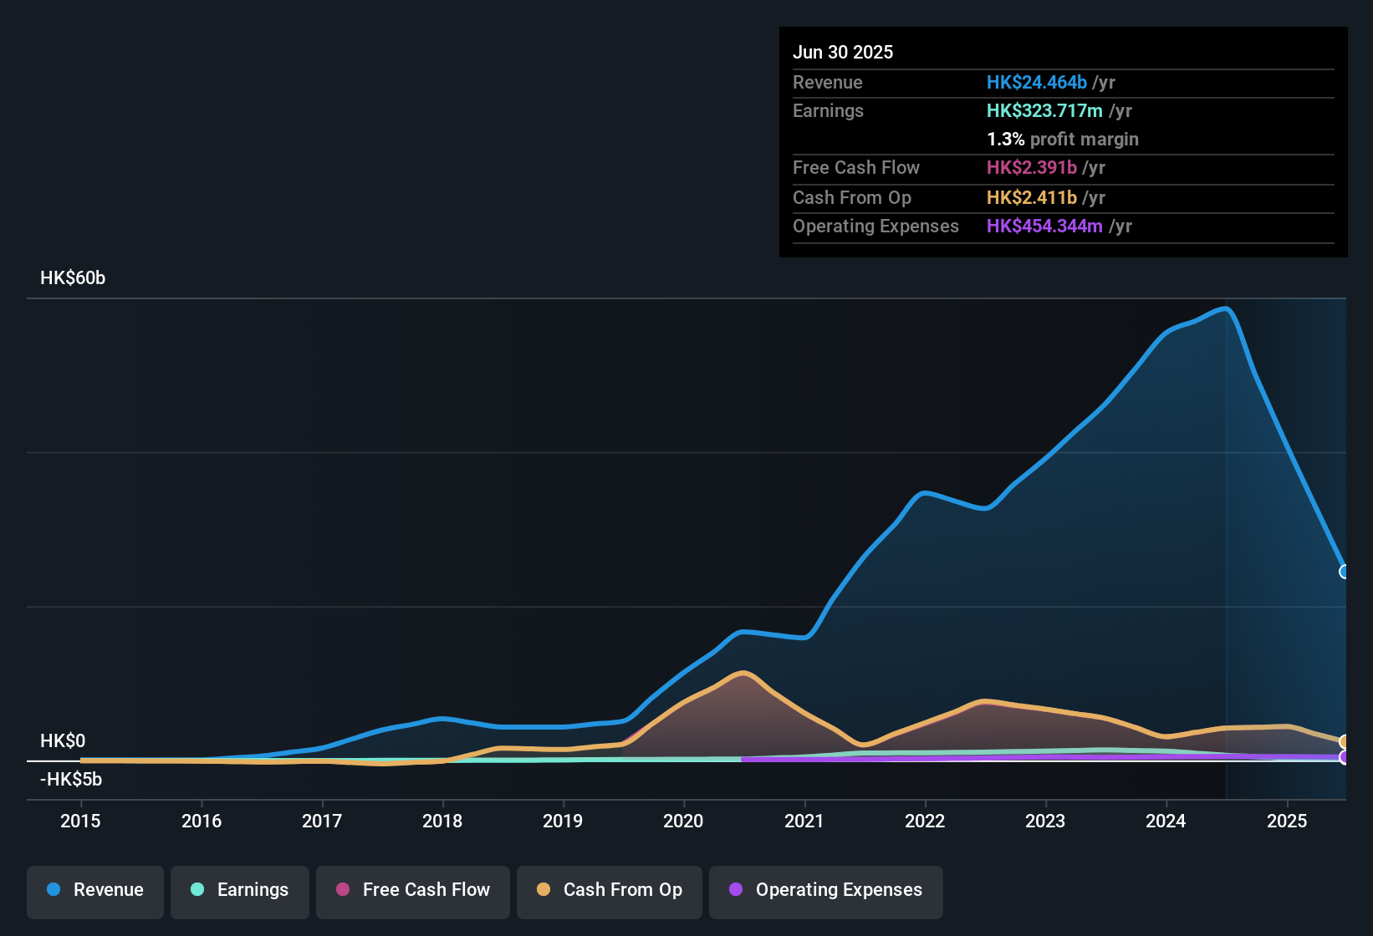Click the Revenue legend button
(95, 891)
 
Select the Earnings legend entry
(240, 891)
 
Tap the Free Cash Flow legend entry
(413, 891)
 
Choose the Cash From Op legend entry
(610, 891)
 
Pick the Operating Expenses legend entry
(826, 891)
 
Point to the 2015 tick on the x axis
(80, 821)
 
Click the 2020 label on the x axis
(683, 821)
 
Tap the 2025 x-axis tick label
(1286, 821)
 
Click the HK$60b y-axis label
(73, 278)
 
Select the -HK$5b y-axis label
(71, 780)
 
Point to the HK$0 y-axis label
(63, 741)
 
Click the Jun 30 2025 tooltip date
(843, 52)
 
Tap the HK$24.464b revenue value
(1036, 82)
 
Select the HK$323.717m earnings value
(1044, 110)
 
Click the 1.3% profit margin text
(1062, 139)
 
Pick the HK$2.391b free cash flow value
(1031, 167)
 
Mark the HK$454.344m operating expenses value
(1044, 226)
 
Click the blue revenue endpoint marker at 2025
(1345, 572)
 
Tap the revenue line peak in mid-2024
(1226, 309)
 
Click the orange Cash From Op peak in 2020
(743, 673)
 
